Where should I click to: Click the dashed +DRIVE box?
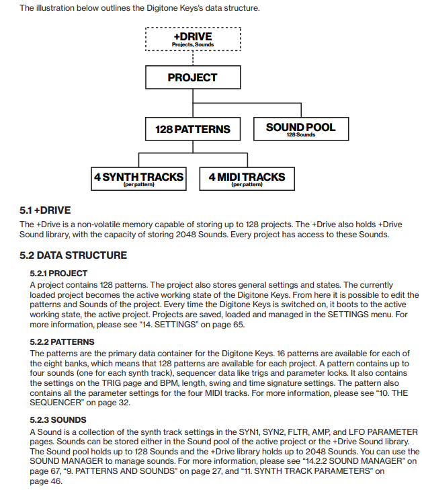[193, 38]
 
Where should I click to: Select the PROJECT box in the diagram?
[193, 77]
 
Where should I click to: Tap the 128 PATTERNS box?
[193, 128]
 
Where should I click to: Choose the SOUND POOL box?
[300, 128]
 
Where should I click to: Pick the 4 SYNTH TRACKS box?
[139, 178]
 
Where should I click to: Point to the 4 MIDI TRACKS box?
[247, 178]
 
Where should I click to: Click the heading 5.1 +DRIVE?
[45, 210]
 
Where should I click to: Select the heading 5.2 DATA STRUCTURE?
[73, 255]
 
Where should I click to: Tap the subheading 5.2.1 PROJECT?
[58, 274]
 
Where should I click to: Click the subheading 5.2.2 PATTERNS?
[62, 342]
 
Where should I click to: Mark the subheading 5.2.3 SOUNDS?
[58, 419]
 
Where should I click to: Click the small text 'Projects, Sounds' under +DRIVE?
[193, 44]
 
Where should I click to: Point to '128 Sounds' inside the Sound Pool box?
[300, 135]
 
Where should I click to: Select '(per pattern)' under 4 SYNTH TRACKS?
[139, 185]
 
